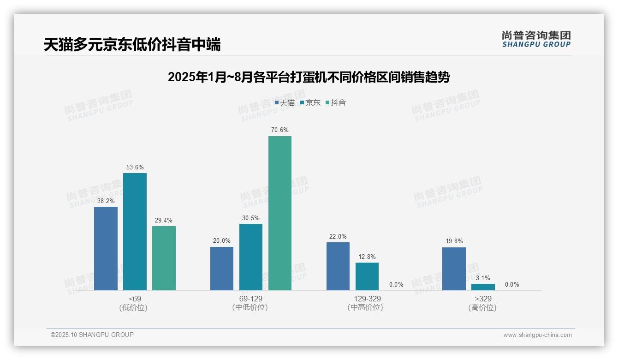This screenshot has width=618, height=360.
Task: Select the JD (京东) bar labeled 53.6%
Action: click(x=135, y=232)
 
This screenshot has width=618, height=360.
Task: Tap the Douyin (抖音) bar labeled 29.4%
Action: click(x=164, y=258)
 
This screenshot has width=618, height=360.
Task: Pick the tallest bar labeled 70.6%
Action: click(x=280, y=213)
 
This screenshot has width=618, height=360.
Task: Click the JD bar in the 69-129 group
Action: click(x=251, y=257)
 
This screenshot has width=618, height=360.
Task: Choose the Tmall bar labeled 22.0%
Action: click(x=338, y=266)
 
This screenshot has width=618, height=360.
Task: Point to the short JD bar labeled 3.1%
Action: click(x=483, y=287)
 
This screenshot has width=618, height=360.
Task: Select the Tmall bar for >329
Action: click(x=454, y=269)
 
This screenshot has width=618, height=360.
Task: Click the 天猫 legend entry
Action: click(x=285, y=102)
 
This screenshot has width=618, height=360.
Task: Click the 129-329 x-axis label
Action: click(x=367, y=299)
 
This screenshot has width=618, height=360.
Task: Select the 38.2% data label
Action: click(x=106, y=201)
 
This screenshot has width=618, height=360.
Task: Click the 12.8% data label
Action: click(x=367, y=257)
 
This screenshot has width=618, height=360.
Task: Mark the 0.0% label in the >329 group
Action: click(x=512, y=284)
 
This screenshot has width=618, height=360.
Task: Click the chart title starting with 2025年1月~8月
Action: click(x=309, y=77)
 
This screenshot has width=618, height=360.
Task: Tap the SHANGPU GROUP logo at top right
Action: click(x=536, y=39)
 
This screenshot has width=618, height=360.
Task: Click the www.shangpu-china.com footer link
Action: click(x=537, y=335)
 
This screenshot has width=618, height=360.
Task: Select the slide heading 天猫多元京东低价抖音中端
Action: click(x=132, y=45)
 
